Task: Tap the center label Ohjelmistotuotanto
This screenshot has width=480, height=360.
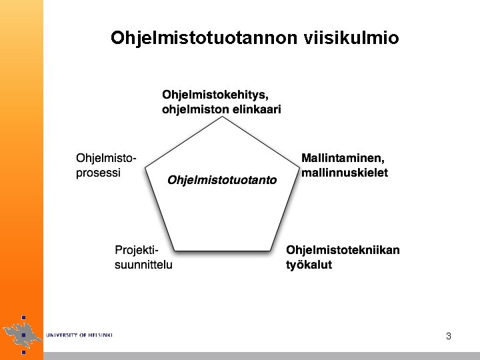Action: [x=222, y=180]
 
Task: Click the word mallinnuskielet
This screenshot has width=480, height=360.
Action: [x=345, y=173]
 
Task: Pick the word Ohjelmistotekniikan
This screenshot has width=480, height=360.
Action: [x=343, y=251]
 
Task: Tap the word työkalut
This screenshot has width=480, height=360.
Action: [x=309, y=265]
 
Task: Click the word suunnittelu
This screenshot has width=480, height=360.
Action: [x=144, y=265]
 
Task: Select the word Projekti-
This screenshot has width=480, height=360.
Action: [x=137, y=251]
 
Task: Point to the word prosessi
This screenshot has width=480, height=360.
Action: [x=98, y=173]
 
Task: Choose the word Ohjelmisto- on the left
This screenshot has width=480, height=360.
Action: [x=107, y=159]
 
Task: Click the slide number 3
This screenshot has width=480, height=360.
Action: [x=449, y=336]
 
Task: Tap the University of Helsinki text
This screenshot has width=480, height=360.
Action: [x=79, y=335]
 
